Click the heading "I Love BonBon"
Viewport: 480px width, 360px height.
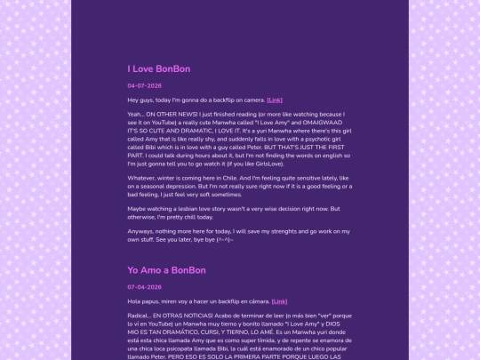coord(159,68)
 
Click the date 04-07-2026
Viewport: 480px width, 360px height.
coord(144,86)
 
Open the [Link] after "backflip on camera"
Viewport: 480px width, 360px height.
coord(275,100)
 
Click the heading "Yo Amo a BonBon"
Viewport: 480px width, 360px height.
coord(166,270)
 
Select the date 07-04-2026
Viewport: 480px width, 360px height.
coord(144,287)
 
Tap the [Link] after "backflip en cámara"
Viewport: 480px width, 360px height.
coord(279,301)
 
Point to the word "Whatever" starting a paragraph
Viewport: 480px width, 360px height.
coord(142,178)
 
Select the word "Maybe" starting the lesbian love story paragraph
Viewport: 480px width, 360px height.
coord(137,209)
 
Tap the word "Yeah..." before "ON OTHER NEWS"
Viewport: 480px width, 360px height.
coord(137,115)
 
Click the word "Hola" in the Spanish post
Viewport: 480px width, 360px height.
coord(135,301)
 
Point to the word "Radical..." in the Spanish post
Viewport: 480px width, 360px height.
coord(141,316)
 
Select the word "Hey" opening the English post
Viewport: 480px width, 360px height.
coord(134,100)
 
